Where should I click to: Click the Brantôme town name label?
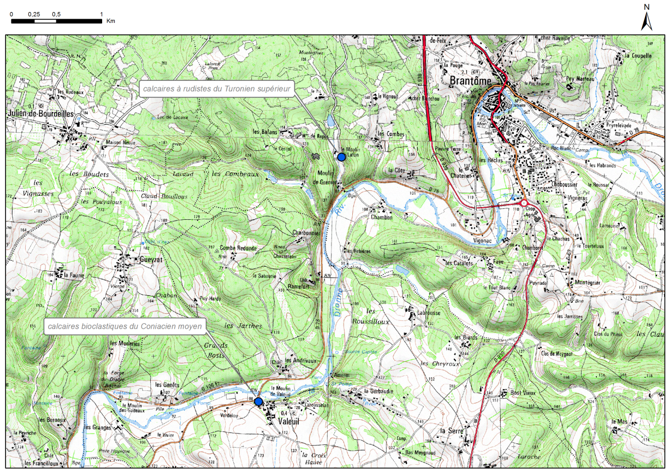pyautogui.click(x=472, y=81)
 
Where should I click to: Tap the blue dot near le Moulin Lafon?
pyautogui.click(x=341, y=157)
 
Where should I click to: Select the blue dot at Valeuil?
pyautogui.click(x=258, y=401)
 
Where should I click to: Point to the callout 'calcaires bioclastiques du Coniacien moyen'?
pyautogui.click(x=124, y=327)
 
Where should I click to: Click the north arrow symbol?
pyautogui.click(x=647, y=21)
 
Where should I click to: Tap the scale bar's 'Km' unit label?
pyautogui.click(x=111, y=21)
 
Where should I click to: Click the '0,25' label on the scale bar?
pyautogui.click(x=34, y=13)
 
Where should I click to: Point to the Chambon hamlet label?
pyautogui.click(x=381, y=217)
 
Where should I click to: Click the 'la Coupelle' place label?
pyautogui.click(x=639, y=56)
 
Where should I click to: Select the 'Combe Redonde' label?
pyautogui.click(x=238, y=248)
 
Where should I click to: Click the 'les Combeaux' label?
pyautogui.click(x=234, y=173)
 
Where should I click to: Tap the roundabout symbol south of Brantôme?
pyautogui.click(x=524, y=203)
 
